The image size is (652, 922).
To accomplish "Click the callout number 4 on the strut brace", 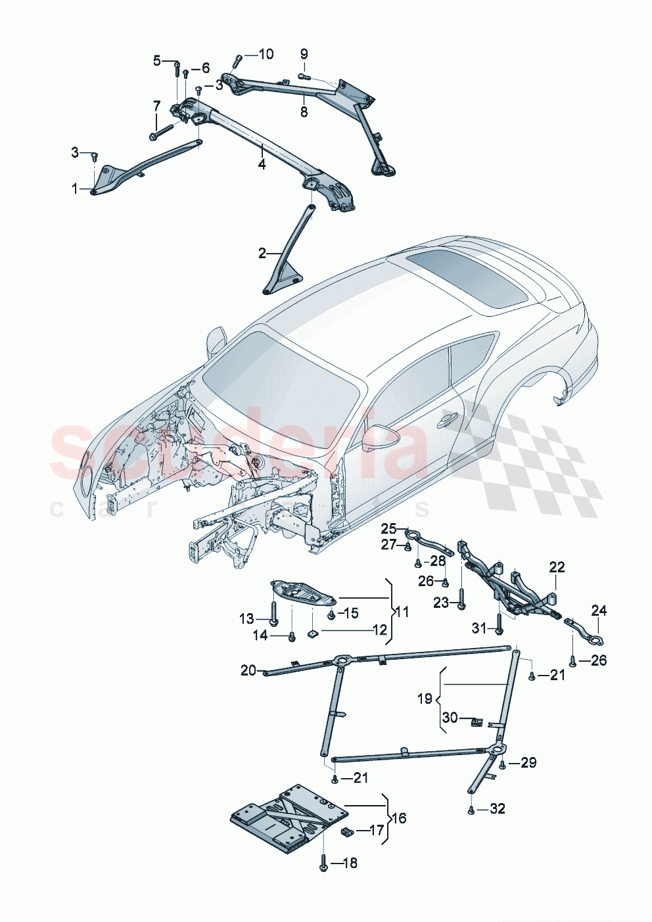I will coord(262,164).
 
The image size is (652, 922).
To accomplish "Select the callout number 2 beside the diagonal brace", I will coord(262,253).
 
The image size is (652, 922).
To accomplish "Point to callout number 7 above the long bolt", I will coord(156,106).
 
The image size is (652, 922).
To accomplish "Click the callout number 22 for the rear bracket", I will coord(557,567).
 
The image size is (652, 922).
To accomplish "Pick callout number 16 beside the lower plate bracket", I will coord(399,818).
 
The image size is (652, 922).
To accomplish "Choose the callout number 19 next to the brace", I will coord(425,698).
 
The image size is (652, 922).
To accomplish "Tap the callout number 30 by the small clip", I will coord(450,718).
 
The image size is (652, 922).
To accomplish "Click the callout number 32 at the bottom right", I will coord(497,809).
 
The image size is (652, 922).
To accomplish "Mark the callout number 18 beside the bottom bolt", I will coord(350,863).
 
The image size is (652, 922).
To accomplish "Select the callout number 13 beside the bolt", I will coord(246,618).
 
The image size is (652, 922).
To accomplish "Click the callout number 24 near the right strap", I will coord(598,611).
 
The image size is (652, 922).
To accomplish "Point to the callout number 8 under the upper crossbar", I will coord(304,112).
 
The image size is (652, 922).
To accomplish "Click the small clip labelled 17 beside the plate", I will coord(346,831).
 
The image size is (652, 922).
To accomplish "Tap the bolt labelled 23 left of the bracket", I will coord(461,599).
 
